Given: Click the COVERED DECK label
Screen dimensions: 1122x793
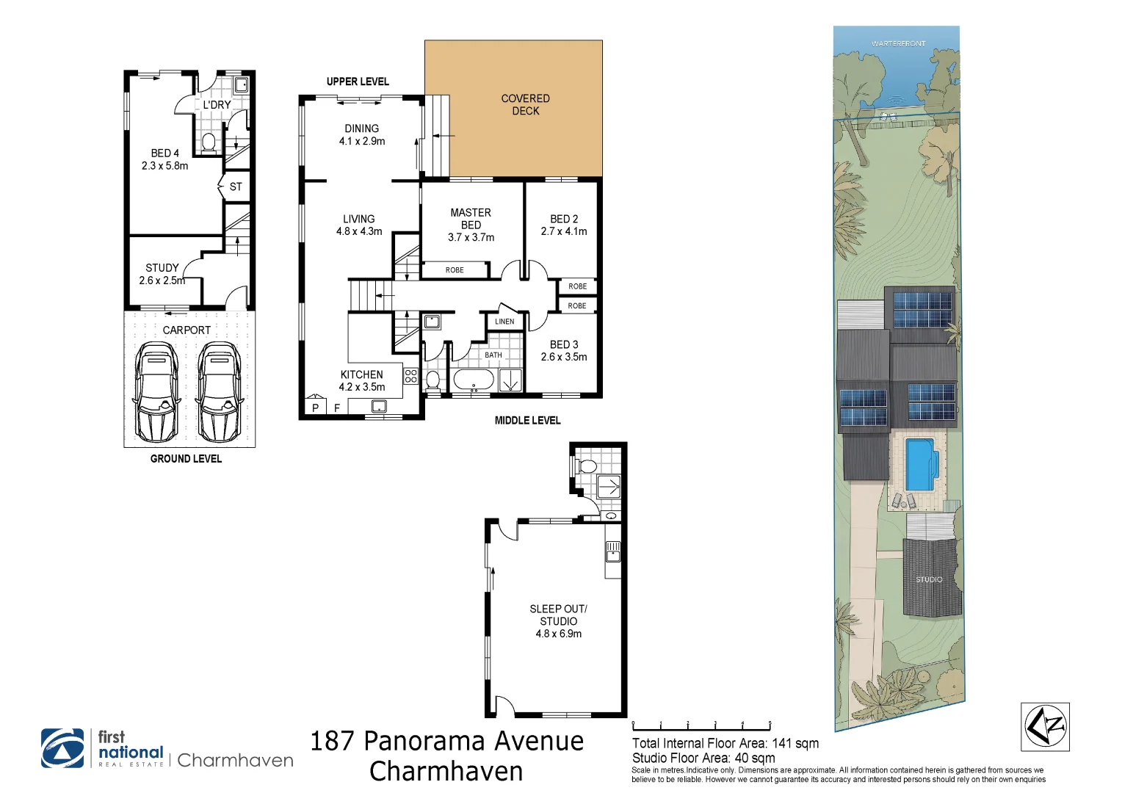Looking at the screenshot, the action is click(x=526, y=105).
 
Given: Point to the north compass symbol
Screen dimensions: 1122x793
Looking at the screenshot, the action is click(x=1046, y=727).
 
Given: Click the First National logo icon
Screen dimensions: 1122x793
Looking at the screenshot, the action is click(x=62, y=748).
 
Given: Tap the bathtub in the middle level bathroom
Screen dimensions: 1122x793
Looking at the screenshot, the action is click(x=474, y=380).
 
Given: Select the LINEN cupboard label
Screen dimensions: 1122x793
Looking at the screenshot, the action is click(x=504, y=322).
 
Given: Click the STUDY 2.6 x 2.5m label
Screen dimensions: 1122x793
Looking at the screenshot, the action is click(x=162, y=274).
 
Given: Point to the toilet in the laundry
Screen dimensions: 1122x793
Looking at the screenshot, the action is click(x=209, y=142).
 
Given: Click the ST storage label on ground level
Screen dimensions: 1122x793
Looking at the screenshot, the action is click(x=236, y=187).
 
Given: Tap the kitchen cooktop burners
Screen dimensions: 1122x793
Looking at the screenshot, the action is click(x=411, y=376).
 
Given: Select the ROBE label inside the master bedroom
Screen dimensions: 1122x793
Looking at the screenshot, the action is click(x=455, y=270).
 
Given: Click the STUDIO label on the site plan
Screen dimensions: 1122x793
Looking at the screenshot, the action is click(x=929, y=579).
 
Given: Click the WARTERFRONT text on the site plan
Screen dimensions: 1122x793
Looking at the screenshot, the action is click(x=898, y=44).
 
